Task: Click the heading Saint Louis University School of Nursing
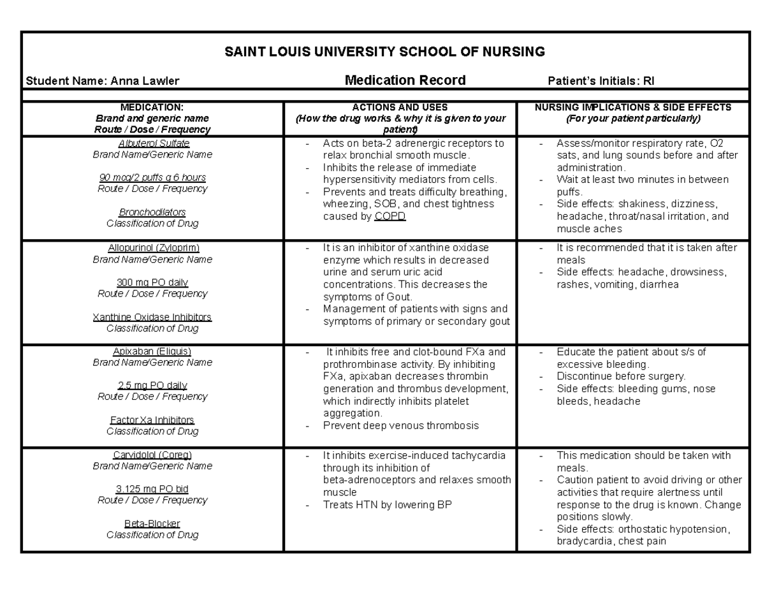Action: pos(385,52)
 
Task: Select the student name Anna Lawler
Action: pos(102,81)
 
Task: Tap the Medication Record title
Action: pos(405,80)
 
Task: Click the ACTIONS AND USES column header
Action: pos(400,108)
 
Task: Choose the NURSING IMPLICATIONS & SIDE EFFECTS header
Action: pos(633,108)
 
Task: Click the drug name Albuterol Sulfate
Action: pos(152,143)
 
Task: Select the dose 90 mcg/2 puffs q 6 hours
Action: pos(152,177)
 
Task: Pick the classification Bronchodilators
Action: pos(152,212)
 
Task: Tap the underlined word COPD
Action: pos(390,217)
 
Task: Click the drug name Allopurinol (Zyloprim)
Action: pos(152,247)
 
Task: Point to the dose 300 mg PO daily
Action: pos(152,282)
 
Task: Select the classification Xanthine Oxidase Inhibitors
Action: pos(152,317)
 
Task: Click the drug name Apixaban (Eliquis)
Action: pos(152,351)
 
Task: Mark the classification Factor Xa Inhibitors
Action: pos(152,420)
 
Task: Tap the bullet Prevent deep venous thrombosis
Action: pos(400,426)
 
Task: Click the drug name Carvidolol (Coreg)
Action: pos(152,455)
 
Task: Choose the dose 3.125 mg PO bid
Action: pos(152,489)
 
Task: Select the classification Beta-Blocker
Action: pos(152,523)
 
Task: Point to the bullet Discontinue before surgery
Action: pos(621,376)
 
